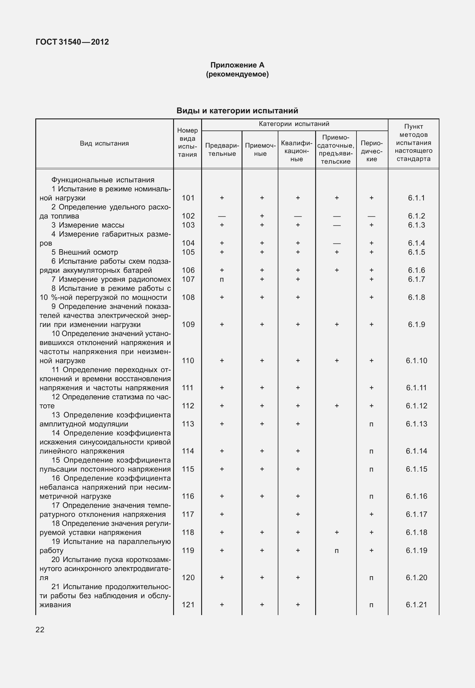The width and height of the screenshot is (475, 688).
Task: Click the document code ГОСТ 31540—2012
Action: coord(72,42)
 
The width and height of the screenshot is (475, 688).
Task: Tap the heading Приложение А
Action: coord(237,65)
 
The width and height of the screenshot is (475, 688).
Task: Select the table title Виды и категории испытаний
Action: coord(237,111)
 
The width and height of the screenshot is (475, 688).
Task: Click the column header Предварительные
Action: coord(222,149)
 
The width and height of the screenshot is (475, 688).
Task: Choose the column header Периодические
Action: coord(372,151)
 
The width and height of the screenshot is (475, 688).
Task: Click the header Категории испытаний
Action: coord(294,124)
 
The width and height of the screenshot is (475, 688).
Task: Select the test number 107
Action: coord(188,279)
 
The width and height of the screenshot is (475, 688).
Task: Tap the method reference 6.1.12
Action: coord(416,406)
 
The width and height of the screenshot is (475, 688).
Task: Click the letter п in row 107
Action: coord(222,280)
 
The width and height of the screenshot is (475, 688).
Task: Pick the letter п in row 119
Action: coord(337,551)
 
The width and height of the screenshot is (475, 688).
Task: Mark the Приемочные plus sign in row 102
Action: coord(262,216)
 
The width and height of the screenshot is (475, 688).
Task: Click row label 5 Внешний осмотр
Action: coord(84,252)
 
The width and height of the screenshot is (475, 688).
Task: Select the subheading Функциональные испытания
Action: coord(103,180)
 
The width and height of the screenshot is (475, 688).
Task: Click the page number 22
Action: coord(40,630)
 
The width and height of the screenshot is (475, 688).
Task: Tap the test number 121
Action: coord(188,605)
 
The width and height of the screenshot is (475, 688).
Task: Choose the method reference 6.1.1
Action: coord(416,198)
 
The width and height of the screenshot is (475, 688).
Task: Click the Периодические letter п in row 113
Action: coord(371,424)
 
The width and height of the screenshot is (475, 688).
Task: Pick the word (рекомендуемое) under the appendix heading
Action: coord(237,74)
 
